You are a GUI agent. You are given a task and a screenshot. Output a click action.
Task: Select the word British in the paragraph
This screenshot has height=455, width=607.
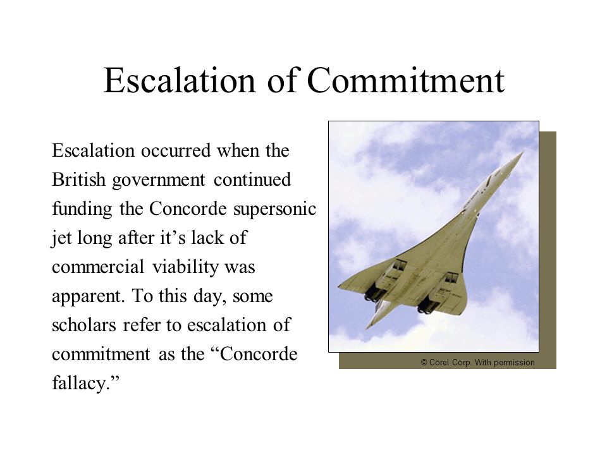click(78, 179)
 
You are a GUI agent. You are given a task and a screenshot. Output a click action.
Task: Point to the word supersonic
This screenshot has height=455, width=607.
click(275, 210)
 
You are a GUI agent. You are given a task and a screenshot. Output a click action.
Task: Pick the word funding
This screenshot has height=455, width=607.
click(82, 210)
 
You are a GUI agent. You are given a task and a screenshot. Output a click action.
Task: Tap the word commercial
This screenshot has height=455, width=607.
click(98, 267)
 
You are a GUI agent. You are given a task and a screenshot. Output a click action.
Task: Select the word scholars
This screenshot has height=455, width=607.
click(84, 325)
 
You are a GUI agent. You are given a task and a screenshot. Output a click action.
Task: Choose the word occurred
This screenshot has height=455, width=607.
click(176, 150)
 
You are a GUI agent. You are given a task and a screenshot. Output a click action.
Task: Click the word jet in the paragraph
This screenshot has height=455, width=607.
click(61, 239)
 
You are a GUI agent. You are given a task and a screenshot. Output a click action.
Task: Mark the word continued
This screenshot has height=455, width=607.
click(252, 179)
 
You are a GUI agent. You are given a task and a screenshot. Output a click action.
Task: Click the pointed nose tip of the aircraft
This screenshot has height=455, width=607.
click(523, 152)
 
